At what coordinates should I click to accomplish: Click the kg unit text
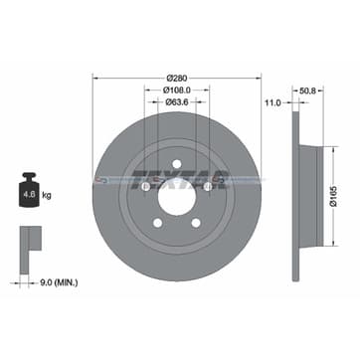coord(48,182)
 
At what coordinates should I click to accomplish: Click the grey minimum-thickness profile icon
coord(29,241)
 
